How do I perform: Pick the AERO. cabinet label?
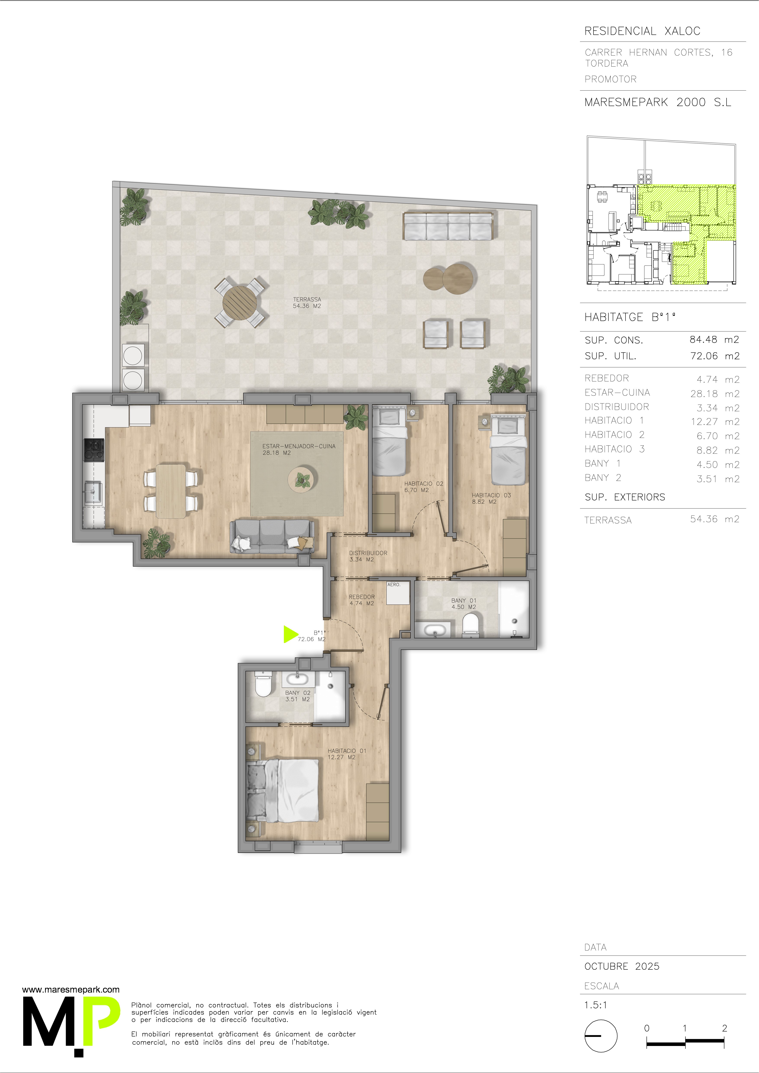(394, 585)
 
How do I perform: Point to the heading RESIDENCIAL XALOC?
(642, 31)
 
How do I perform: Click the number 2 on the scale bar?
(724, 1028)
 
